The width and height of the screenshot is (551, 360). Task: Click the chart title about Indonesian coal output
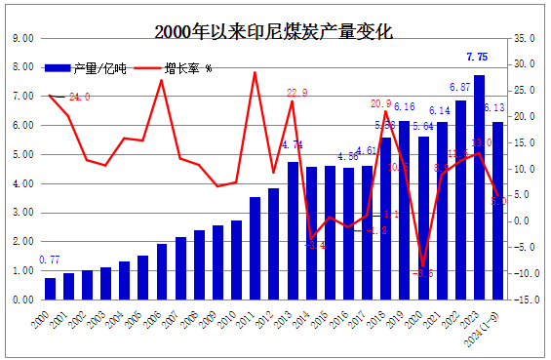274,31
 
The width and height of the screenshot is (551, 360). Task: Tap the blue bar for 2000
50,289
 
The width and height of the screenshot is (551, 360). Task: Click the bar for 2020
423,219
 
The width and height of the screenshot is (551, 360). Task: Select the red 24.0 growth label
79,98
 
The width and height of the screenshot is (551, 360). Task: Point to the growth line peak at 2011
255,72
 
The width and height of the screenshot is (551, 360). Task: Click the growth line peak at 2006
162,80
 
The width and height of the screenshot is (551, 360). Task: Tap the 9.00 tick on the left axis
20,38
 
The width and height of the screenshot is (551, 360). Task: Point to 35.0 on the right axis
524,38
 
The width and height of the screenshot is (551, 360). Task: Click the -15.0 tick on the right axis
524,300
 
